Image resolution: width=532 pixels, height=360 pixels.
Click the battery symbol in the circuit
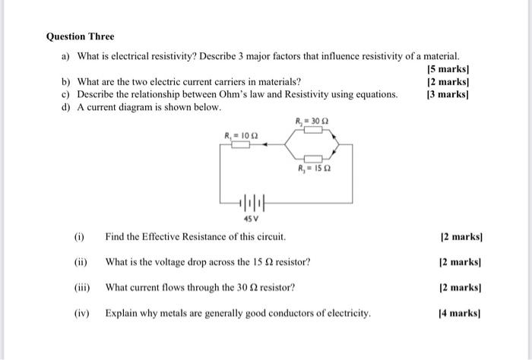(x=250, y=204)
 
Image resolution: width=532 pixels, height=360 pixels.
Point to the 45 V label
(x=250, y=219)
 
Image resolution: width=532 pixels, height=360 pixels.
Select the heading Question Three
(x=80, y=36)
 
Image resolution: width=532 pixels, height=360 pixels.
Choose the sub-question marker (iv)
(x=81, y=313)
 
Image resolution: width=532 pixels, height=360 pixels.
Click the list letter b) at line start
(x=66, y=82)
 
